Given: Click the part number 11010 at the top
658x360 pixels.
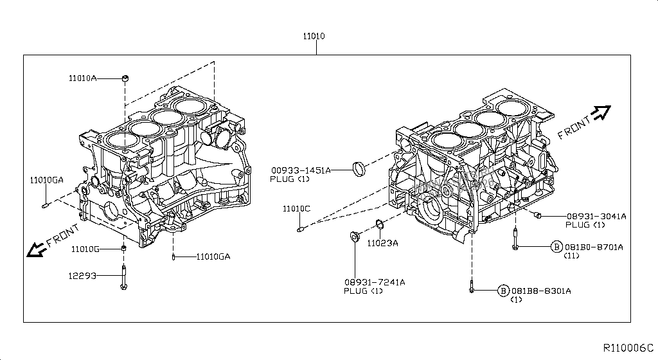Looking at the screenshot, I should coord(314,37).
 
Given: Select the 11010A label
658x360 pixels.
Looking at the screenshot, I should coord(84,78).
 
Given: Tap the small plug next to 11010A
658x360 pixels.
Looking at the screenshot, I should coord(125,78).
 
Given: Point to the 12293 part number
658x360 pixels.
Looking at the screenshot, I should coord(84,276).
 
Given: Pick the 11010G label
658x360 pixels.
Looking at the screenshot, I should coord(85,248).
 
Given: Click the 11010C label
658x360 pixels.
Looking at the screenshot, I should coord(296,209).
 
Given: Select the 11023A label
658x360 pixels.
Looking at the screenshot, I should coord(382,243).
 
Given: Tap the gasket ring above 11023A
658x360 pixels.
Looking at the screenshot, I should coord(379,225).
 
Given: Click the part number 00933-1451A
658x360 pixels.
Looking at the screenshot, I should coord(300,170).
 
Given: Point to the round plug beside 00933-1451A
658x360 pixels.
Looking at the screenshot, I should coord(360,168).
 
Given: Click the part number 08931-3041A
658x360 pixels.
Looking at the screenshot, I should coord(596,216).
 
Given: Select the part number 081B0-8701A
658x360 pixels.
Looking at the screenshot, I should coord(594,247).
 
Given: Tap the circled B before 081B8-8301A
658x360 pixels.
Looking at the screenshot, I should coord(504,291).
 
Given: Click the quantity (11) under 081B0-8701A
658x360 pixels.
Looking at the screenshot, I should coord(572,256).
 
